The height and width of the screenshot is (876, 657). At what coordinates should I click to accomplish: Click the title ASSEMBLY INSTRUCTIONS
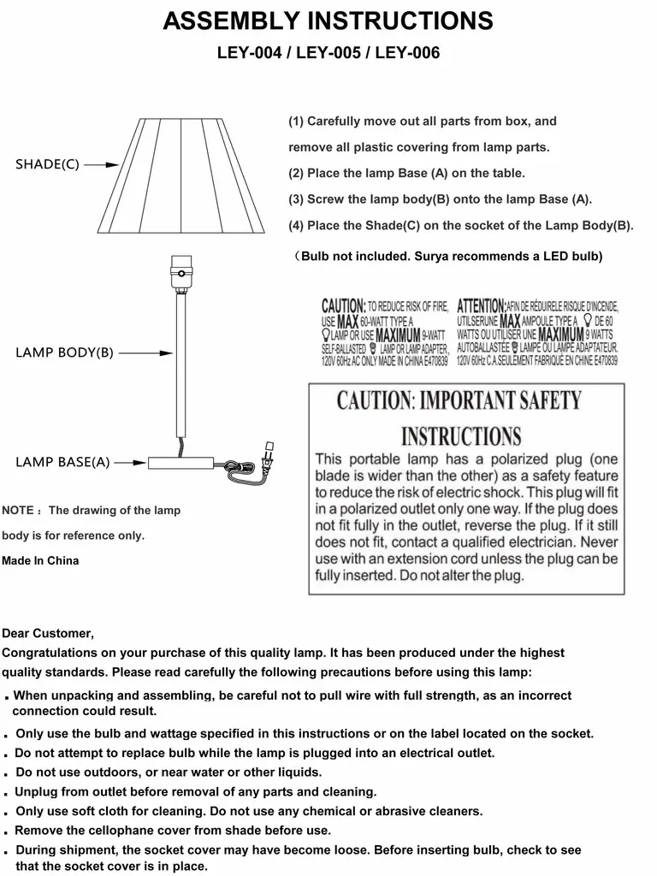[328, 21]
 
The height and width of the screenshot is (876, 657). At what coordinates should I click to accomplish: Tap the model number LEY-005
[328, 53]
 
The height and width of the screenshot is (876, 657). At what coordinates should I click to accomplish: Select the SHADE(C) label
[47, 164]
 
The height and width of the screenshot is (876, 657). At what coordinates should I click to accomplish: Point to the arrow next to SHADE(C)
[100, 164]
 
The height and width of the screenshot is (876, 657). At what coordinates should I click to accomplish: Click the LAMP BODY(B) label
[64, 352]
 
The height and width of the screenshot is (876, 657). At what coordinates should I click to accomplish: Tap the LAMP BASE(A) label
[62, 462]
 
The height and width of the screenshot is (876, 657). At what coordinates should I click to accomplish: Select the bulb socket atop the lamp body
[180, 271]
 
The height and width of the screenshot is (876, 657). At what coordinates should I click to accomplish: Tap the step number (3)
[296, 199]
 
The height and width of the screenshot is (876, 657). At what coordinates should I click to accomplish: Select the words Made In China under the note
[40, 561]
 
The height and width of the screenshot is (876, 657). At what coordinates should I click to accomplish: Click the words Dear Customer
[48, 634]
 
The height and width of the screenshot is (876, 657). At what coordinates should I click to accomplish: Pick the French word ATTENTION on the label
[481, 305]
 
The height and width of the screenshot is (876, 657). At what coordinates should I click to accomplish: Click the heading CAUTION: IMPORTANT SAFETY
[459, 400]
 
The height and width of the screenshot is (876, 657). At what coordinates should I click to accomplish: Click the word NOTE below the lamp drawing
[17, 511]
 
